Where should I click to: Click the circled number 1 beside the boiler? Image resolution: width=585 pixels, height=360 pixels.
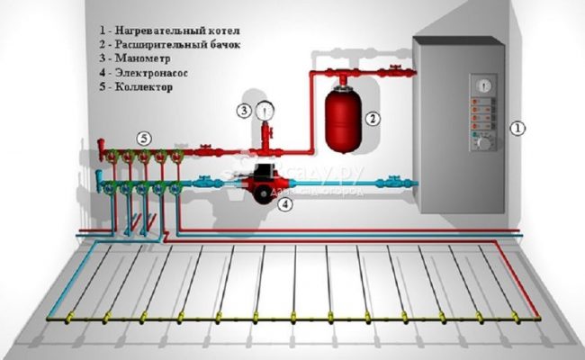coord(517,129)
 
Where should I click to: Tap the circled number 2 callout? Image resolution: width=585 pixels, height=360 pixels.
coord(370,117)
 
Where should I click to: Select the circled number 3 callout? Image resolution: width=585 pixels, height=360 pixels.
coord(244,111)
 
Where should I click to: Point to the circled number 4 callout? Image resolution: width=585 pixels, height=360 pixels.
coord(286,204)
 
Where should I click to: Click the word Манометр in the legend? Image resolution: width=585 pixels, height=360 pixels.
coord(139,58)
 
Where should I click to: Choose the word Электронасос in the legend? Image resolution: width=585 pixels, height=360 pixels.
coord(148,74)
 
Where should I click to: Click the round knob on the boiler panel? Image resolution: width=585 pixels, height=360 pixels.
coord(482,142)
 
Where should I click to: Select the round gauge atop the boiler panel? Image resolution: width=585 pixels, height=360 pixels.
coord(484,86)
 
